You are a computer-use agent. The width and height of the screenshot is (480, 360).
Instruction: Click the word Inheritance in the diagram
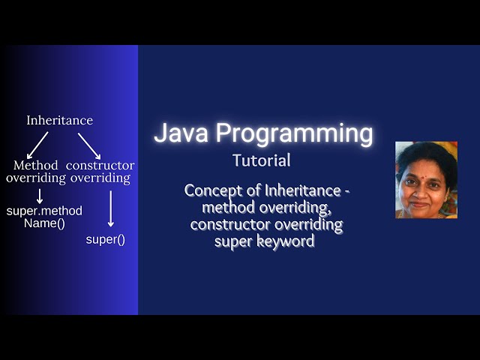tap(60, 120)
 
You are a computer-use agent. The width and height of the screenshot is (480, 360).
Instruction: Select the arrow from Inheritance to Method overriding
tap(37, 145)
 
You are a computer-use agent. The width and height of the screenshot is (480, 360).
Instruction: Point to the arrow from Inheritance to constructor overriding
tap(88, 145)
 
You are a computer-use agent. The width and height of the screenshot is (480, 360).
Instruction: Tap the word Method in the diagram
tap(35, 165)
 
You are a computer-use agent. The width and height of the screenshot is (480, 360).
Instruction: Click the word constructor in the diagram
tap(100, 165)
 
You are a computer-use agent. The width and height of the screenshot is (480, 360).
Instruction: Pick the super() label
tap(105, 240)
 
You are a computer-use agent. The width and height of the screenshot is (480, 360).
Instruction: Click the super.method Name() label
tap(44, 217)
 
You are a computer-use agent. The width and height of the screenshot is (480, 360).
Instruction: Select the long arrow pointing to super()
tap(111, 208)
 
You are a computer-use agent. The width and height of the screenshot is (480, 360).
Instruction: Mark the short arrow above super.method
tap(39, 196)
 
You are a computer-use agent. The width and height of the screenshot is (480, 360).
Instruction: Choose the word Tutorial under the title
tap(261, 160)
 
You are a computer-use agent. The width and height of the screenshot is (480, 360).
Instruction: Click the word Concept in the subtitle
tap(211, 190)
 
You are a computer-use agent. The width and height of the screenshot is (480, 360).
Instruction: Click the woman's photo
tap(426, 180)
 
